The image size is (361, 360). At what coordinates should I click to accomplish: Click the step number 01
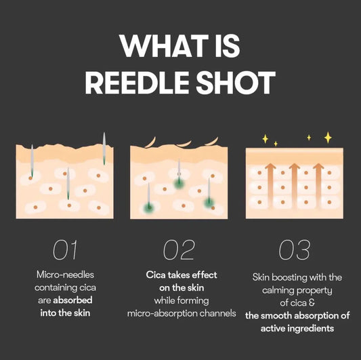(x=65, y=249)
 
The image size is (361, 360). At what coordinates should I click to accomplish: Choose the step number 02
(x=179, y=249)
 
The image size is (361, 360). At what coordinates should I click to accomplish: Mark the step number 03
(x=294, y=249)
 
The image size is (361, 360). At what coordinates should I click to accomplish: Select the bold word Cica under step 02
(x=156, y=275)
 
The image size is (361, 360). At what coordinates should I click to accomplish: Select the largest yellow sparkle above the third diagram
(x=328, y=138)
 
